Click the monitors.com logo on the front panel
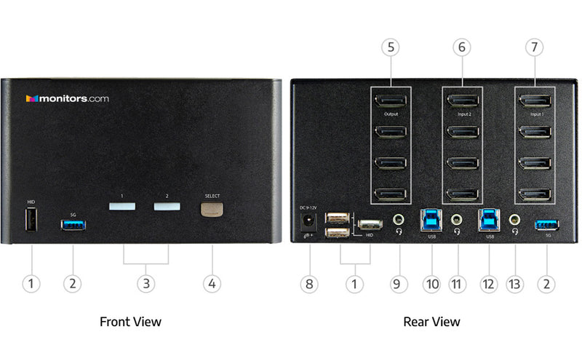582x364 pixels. click(x=67, y=98)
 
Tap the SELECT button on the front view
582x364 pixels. click(x=212, y=209)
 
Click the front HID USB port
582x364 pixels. click(x=31, y=221)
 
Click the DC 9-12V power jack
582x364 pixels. click(x=308, y=219)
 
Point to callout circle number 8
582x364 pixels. click(x=309, y=283)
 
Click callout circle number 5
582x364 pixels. click(x=392, y=48)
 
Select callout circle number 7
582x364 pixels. click(x=535, y=48)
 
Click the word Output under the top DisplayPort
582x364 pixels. click(x=392, y=114)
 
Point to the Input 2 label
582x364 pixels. click(x=463, y=114)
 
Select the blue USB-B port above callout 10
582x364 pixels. click(x=431, y=218)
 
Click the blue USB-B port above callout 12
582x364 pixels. click(x=488, y=218)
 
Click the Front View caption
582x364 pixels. click(x=130, y=321)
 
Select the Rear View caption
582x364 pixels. click(x=431, y=321)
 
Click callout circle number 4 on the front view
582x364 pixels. click(x=212, y=283)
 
